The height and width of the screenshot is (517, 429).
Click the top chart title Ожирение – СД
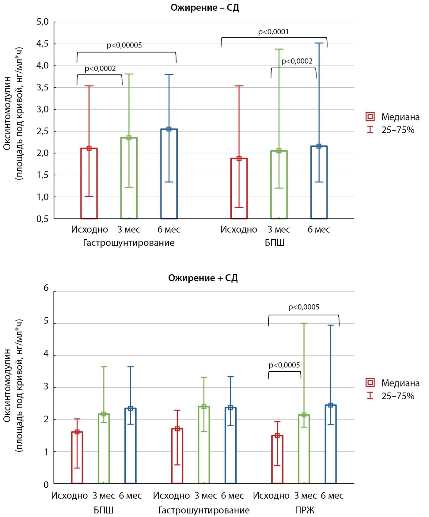tap(205, 8)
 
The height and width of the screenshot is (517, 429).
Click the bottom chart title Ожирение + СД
tap(203, 278)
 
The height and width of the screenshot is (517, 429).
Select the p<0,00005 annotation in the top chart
tap(124, 45)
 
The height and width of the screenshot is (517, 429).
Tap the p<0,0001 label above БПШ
tap(273, 32)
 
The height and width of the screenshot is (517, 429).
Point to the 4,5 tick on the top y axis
tap(42, 44)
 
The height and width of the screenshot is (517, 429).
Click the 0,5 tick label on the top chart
tap(42, 219)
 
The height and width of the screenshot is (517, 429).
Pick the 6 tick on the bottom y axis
tap(46, 288)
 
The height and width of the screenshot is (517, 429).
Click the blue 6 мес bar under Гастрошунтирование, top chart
tap(169, 184)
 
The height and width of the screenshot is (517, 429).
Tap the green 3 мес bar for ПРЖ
tap(304, 450)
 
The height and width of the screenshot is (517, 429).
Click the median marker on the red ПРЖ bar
tap(277, 435)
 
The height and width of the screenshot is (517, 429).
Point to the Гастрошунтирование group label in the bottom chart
tap(204, 510)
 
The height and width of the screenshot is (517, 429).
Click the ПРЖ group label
tap(305, 510)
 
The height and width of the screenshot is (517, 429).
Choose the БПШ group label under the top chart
tap(275, 243)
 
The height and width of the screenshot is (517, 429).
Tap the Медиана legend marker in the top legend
tap(370, 117)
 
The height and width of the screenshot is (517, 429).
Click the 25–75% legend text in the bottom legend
tap(398, 396)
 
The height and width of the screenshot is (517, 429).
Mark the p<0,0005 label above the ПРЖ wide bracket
tap(304, 307)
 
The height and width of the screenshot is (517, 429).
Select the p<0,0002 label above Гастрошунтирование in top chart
tap(100, 69)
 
